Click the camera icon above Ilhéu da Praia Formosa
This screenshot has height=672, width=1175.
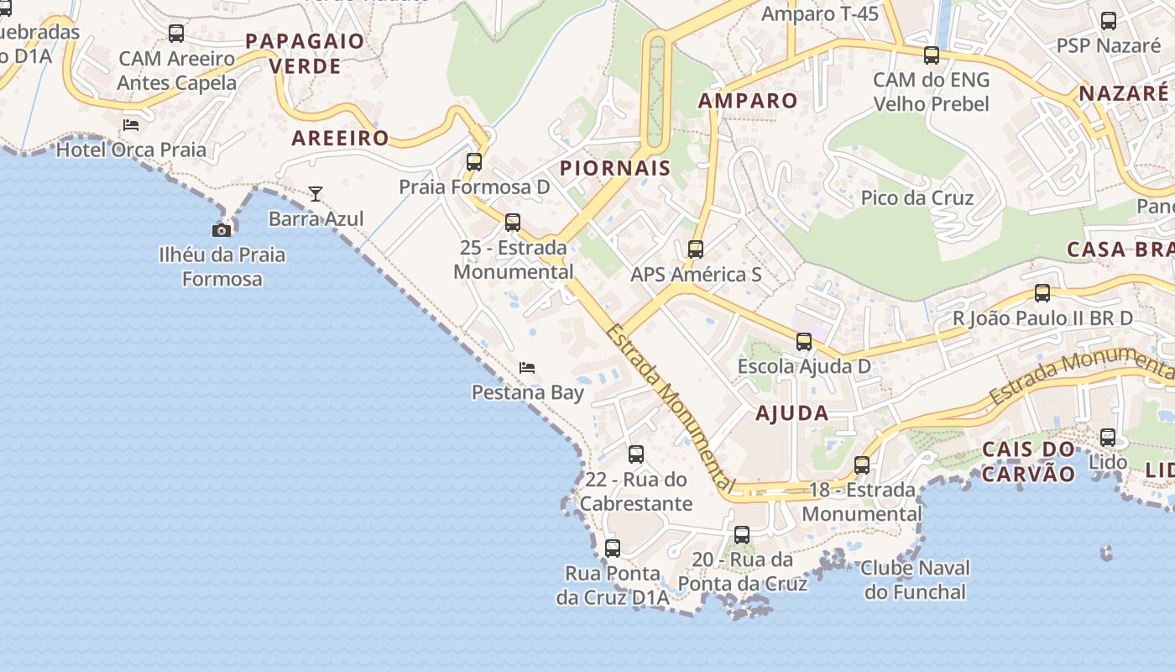point(221,230)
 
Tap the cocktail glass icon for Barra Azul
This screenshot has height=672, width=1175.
point(316,194)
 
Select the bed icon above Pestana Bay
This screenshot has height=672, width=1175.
point(527,368)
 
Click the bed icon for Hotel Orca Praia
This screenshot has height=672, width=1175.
point(131,125)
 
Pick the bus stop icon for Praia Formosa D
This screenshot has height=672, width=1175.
point(474,162)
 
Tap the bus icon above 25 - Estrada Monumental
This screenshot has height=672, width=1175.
point(512,223)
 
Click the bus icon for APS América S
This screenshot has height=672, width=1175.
point(696,249)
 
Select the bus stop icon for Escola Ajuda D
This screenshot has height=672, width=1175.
point(804,342)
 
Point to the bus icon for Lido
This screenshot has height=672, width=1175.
point(1108,438)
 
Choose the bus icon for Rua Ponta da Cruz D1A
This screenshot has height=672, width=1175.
point(613,549)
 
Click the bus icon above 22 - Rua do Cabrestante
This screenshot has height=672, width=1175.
point(636,454)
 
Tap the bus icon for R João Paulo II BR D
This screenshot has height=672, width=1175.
point(1042,293)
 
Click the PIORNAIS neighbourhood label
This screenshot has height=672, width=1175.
point(615,168)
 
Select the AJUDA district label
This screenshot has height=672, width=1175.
point(791,413)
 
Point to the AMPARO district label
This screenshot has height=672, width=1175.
point(748,101)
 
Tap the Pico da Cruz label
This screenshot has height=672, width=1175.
point(916,198)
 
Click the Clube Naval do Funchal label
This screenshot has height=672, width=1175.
point(915,580)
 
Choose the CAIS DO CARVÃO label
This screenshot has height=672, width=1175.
point(1028,461)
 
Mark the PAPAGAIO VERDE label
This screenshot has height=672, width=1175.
point(305,54)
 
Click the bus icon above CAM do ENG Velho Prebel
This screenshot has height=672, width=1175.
point(932,56)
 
